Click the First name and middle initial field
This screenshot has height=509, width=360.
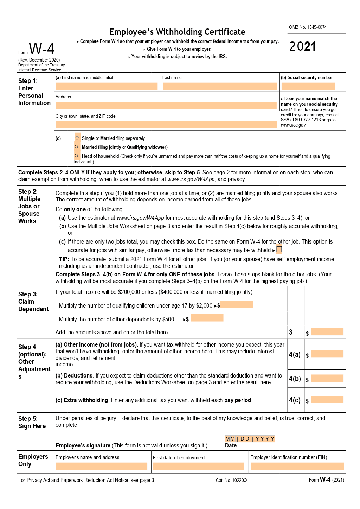(x=107, y=86)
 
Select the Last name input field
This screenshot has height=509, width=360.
(x=220, y=86)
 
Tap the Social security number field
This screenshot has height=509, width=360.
(x=308, y=86)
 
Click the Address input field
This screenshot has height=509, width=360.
(x=166, y=105)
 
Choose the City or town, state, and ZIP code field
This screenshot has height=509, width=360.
(x=166, y=124)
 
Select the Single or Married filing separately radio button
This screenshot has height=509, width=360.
(x=77, y=138)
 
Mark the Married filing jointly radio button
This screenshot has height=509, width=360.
(x=76, y=147)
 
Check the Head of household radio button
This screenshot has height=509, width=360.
(x=76, y=156)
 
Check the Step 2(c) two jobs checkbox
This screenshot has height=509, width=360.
(x=279, y=250)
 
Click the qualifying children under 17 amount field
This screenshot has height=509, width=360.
(x=237, y=304)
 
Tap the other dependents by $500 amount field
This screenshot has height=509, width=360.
(x=207, y=318)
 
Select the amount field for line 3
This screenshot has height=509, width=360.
(x=327, y=332)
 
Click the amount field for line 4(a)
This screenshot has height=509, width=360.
(x=327, y=354)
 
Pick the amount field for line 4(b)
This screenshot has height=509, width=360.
(x=327, y=378)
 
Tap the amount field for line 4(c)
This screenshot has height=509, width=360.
(x=327, y=400)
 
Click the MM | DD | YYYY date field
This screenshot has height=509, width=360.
(x=250, y=439)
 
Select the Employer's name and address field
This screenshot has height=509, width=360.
(x=102, y=466)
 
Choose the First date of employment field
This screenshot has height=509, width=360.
(x=199, y=466)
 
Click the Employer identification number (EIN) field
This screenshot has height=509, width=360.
(x=297, y=466)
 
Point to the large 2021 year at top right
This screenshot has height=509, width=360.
(x=303, y=46)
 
